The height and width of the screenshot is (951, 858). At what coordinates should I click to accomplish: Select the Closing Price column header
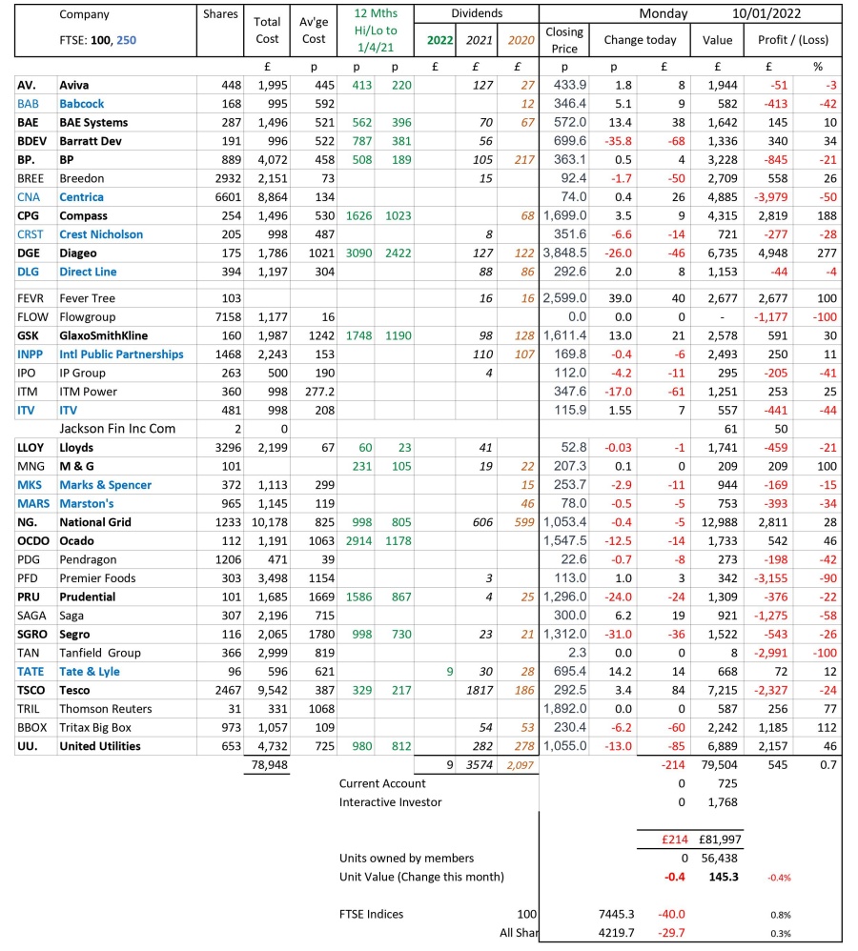563,39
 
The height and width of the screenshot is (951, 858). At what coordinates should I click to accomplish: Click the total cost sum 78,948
267,764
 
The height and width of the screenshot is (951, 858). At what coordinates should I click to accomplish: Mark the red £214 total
660,840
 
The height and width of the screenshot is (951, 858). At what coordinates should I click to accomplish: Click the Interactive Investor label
390,801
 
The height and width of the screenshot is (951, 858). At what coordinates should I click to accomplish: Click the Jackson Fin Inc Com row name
117,429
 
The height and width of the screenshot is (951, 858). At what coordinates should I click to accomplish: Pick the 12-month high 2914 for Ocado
357,540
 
